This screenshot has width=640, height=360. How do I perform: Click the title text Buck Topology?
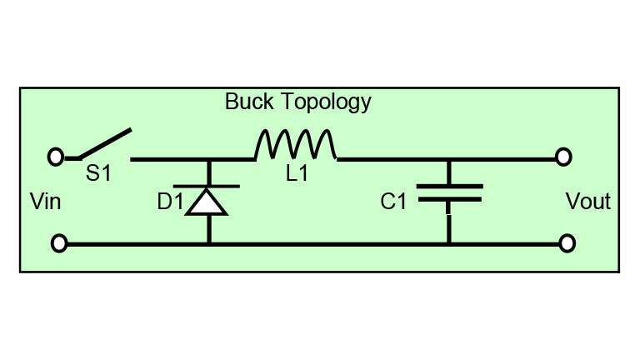297,102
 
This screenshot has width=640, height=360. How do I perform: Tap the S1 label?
98,173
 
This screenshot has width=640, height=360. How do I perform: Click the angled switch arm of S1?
106,143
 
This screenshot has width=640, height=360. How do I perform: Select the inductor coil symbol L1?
296,145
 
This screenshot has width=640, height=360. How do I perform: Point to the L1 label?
297,174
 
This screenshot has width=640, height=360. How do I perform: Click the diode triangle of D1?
207,202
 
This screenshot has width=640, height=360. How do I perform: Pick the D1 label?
169,202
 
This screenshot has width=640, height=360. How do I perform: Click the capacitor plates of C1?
449,193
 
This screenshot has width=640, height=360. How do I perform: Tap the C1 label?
393,202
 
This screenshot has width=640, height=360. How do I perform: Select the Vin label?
45,202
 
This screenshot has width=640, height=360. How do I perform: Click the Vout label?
587,202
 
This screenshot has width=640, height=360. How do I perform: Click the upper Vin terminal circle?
55,157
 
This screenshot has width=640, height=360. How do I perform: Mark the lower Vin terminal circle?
58,243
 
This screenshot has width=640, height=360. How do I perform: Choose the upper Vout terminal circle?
563,157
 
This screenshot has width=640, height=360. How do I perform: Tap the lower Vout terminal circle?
567,243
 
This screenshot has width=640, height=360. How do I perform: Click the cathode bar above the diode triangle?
207,186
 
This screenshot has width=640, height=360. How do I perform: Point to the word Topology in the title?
326,102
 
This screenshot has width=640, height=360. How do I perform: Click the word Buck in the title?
242,102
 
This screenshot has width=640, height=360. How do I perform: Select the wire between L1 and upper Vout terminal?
500,158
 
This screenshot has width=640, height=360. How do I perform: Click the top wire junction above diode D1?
208,158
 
